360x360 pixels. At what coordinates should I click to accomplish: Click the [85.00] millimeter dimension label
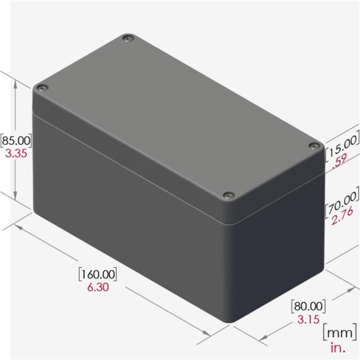(16, 141)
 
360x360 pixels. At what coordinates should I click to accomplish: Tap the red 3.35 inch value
(16, 154)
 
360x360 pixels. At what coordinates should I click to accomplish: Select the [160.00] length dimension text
(97, 274)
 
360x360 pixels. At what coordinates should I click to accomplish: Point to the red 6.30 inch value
(98, 287)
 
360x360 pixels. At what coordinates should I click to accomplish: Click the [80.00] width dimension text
(308, 306)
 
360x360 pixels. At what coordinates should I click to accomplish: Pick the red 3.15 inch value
(308, 319)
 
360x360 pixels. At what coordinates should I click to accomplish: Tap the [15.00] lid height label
(342, 145)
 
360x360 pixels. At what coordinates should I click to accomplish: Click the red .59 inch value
(339, 165)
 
